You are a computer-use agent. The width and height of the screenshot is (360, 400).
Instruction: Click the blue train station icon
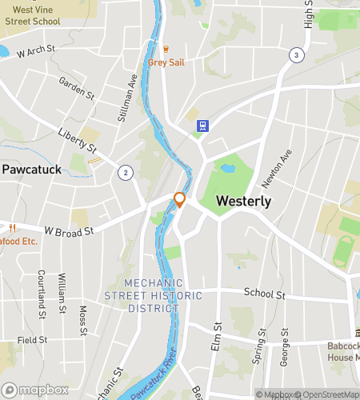[203, 126]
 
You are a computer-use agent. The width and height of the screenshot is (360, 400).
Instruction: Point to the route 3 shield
[297, 55]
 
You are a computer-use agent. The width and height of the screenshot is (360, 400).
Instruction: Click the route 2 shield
[125, 173]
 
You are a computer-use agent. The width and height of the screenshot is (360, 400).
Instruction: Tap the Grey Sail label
[167, 62]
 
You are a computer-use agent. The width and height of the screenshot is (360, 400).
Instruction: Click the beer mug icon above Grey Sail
[167, 49]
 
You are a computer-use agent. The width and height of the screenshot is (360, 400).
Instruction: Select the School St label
[265, 294]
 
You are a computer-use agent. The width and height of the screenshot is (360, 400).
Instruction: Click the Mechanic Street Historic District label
[142, 296]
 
